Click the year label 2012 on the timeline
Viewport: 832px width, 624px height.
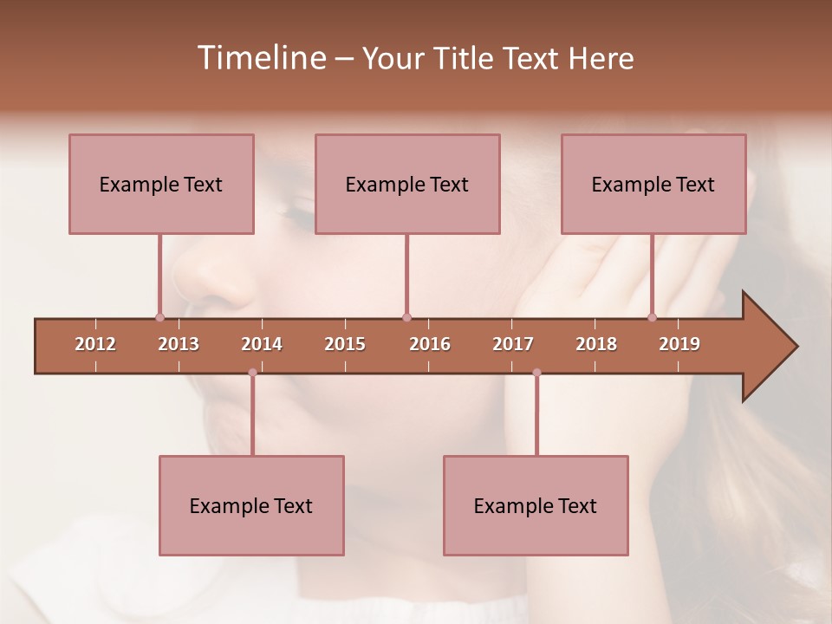pyautogui.click(x=95, y=344)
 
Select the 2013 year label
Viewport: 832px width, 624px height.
pyautogui.click(x=179, y=344)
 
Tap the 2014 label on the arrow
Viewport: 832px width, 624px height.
pyautogui.click(x=262, y=344)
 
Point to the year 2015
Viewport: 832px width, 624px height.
pyautogui.click(x=345, y=344)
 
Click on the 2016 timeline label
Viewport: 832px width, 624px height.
pyautogui.click(x=430, y=344)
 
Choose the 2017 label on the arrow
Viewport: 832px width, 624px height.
pyautogui.click(x=513, y=344)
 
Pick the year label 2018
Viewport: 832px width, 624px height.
pyautogui.click(x=596, y=344)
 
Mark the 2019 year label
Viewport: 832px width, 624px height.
pyautogui.click(x=679, y=344)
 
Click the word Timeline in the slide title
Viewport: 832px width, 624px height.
pyautogui.click(x=260, y=58)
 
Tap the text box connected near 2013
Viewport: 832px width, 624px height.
pyautogui.click(x=161, y=184)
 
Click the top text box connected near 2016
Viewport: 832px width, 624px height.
pyautogui.click(x=407, y=184)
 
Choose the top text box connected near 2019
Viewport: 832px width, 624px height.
pyautogui.click(x=653, y=184)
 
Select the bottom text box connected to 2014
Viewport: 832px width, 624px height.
pyautogui.click(x=251, y=505)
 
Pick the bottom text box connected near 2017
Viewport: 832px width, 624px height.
pyautogui.click(x=536, y=505)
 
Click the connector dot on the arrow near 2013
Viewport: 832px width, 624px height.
pyautogui.click(x=159, y=317)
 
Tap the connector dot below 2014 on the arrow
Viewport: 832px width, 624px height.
pyautogui.click(x=252, y=373)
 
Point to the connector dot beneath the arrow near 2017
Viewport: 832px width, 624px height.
pyautogui.click(x=536, y=373)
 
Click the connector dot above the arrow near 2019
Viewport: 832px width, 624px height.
pyautogui.click(x=652, y=317)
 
